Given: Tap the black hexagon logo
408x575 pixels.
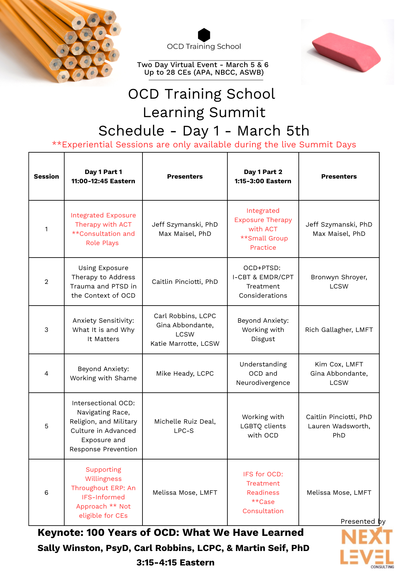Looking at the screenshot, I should (204, 35).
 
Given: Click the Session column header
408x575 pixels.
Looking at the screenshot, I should (46, 177).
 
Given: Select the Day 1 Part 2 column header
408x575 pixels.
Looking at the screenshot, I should (263, 177).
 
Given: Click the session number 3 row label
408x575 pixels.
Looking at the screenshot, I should (46, 330).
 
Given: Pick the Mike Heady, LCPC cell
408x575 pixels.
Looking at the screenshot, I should (185, 373).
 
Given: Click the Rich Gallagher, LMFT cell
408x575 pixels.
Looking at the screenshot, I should (339, 330).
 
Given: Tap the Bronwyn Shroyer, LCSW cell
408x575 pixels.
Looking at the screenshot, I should (339, 282).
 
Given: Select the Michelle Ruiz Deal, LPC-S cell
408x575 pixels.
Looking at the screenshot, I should (185, 426).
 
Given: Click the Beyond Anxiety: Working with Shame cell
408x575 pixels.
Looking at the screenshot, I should (103, 373).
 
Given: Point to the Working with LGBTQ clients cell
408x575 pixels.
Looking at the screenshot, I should (263, 426).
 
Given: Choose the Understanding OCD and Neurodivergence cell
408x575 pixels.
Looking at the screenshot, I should (263, 373).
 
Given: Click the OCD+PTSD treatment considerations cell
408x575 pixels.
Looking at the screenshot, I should (263, 282).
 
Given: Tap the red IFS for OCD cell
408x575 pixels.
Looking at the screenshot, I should (263, 492).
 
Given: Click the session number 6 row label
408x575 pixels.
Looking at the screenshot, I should (46, 492).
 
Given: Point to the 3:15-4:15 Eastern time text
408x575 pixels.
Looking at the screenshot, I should (175, 562).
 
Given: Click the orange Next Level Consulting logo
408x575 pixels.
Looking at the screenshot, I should (367, 546).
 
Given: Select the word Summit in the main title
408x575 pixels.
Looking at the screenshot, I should (237, 113).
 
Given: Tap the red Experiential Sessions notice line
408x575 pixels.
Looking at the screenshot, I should (204, 145).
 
